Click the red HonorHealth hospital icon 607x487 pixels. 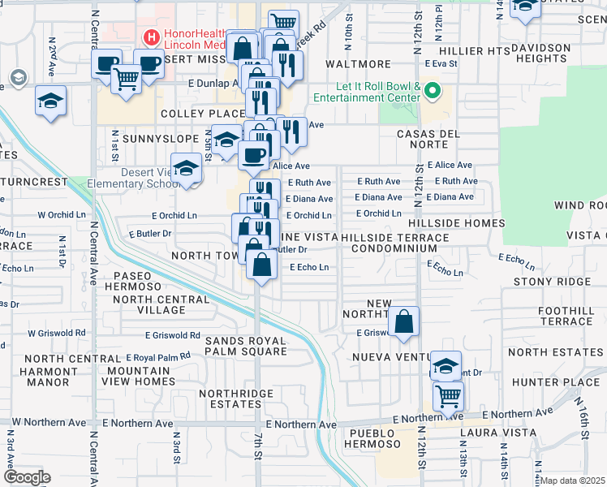point(150,37)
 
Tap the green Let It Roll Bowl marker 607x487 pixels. point(432,90)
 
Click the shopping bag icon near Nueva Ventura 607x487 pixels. point(403,322)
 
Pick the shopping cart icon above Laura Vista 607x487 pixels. point(447,396)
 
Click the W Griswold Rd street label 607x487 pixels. point(57,333)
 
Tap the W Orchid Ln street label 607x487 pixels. point(60,216)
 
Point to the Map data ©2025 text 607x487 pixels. point(573,481)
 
